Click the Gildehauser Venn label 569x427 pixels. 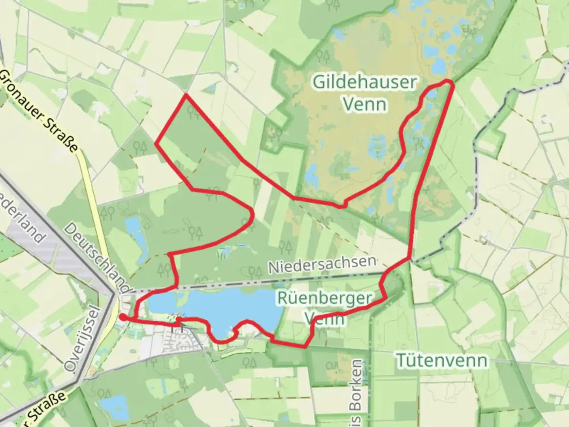[365, 93]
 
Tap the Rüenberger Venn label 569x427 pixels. [324, 308]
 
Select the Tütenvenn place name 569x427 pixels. [442, 361]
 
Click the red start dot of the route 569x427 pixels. [123, 317]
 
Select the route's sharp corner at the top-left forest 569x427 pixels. [186, 95]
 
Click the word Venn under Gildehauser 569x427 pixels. [365, 104]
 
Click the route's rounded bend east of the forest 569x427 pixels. [252, 213]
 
